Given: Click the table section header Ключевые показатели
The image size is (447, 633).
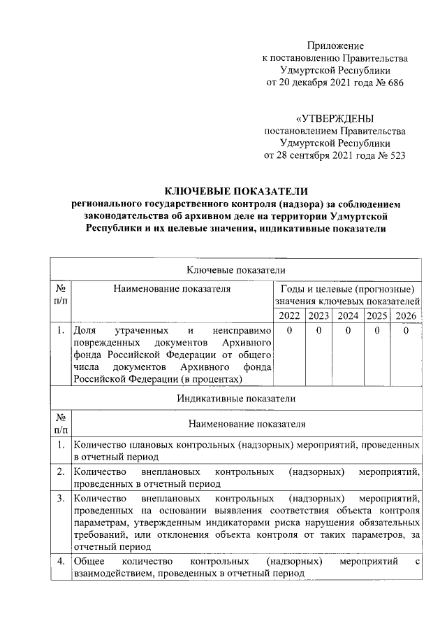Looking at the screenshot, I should coord(235,269).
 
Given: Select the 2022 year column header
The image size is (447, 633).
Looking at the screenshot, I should coord(288,315).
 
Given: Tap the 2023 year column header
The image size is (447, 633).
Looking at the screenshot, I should coord(318,315).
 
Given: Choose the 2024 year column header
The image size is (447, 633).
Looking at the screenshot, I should coord(348,315).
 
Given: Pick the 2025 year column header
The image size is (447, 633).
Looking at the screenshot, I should coord(377,315).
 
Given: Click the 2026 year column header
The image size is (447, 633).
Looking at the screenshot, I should coord(406,315).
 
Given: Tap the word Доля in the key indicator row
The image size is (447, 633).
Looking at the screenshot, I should coord(85,329).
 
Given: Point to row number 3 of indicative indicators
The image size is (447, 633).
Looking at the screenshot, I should coord(61,498).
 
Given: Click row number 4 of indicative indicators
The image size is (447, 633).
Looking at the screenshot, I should coord(61,561).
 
